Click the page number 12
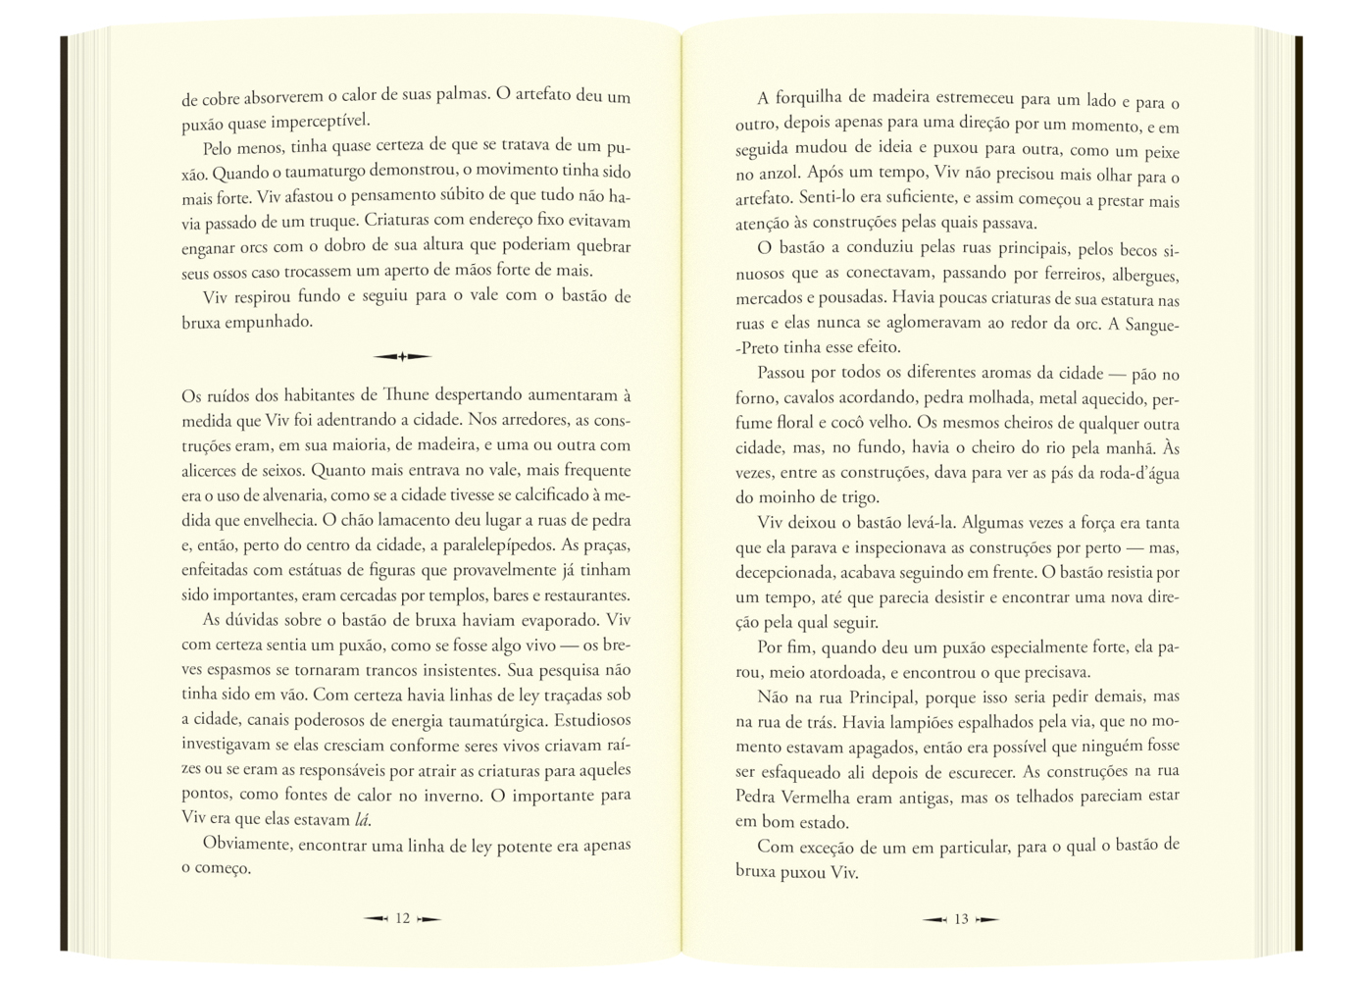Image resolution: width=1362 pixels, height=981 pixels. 402,919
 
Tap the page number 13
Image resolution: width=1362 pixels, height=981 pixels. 961,919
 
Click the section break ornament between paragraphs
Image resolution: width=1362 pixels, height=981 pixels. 402,356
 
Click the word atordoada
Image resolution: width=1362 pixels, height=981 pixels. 839,673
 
